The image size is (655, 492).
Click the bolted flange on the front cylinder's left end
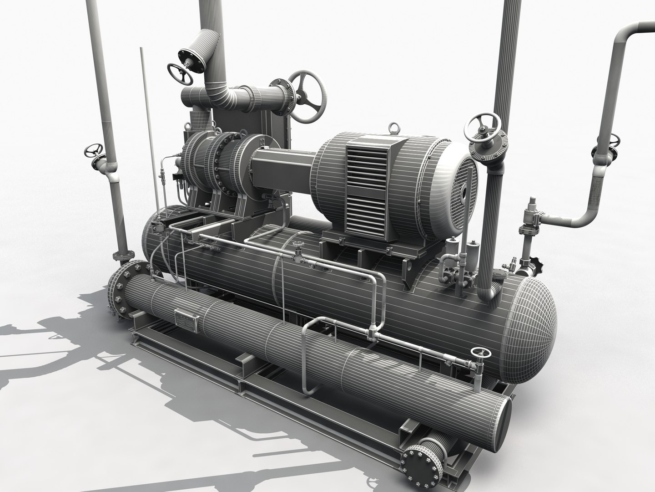click(121, 286)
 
